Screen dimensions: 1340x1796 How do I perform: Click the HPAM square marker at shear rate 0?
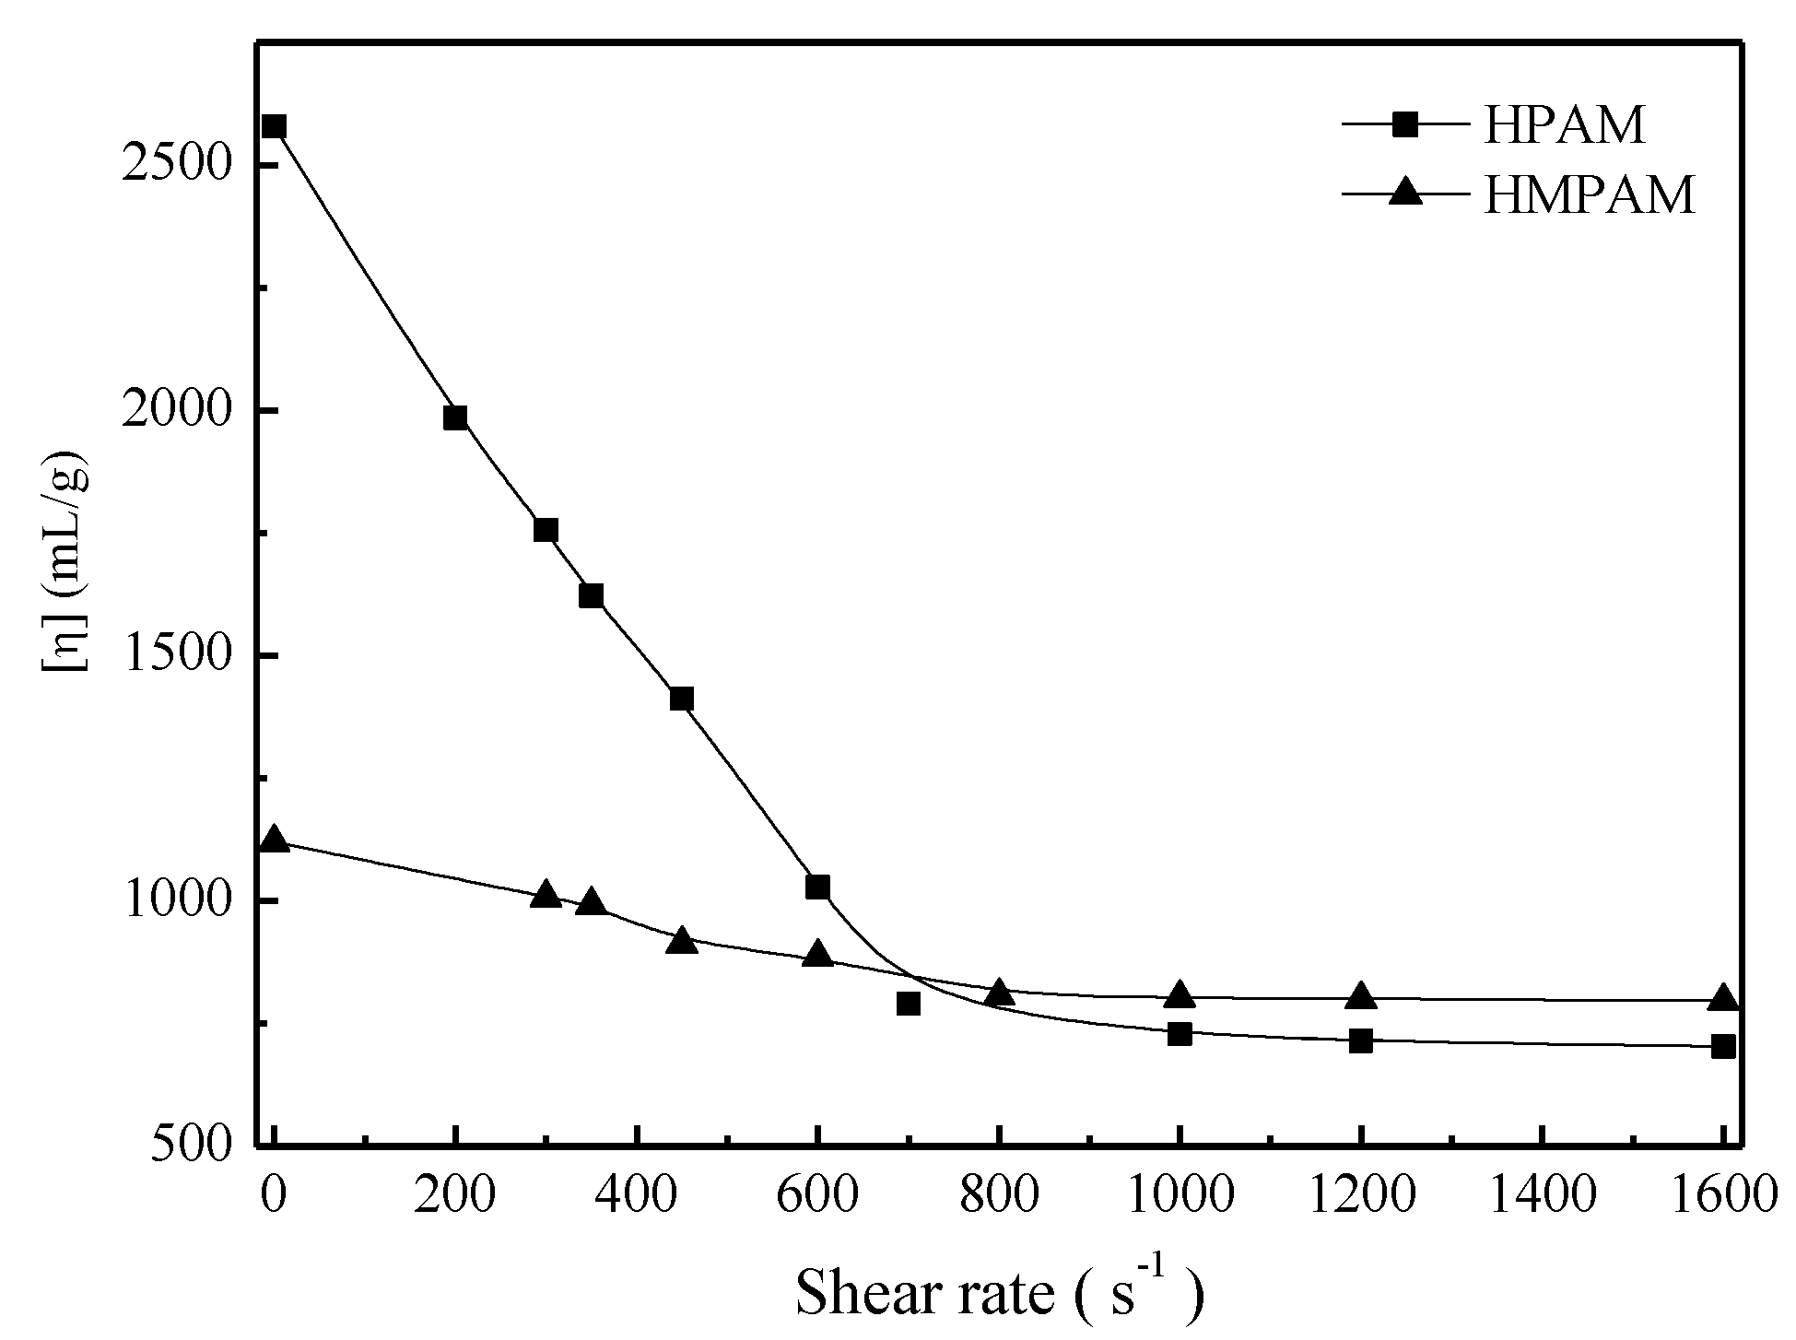(x=274, y=127)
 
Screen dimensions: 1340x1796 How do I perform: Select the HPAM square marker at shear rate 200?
(x=455, y=417)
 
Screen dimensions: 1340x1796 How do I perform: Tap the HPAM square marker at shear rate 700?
(x=909, y=1004)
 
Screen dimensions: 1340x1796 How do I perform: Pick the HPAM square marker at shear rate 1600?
(x=1723, y=1046)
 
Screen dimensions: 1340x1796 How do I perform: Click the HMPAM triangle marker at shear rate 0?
(x=274, y=840)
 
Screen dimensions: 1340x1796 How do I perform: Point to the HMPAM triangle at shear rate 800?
(x=999, y=993)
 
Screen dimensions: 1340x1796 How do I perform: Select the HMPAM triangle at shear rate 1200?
(x=1361, y=996)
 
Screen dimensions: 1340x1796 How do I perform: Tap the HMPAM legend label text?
(x=1589, y=194)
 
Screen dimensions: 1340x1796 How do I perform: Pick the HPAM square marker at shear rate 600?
(x=817, y=887)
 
